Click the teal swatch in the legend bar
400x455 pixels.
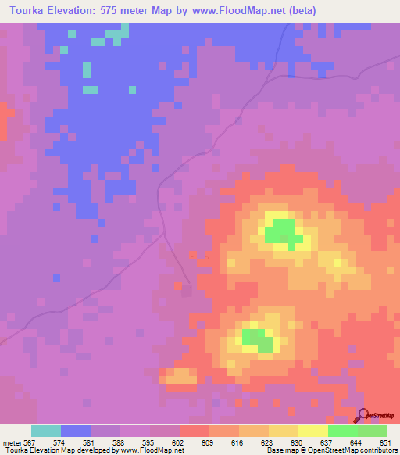[x=46, y=431]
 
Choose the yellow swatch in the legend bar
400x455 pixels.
[x=313, y=431]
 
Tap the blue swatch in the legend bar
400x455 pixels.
[x=76, y=431]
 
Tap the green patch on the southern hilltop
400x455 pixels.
[x=256, y=338]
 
